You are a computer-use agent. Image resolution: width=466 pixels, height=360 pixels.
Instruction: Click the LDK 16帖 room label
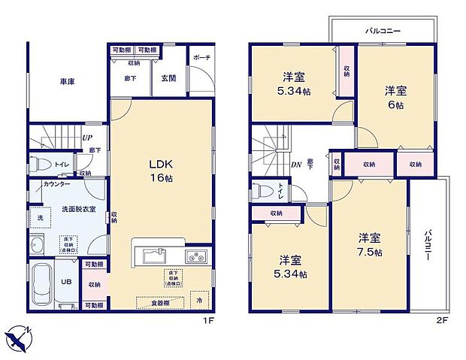(162, 171)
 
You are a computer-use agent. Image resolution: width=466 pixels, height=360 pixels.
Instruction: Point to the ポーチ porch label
(201, 57)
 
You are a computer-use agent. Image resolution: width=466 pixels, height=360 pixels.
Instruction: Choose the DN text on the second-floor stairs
(297, 166)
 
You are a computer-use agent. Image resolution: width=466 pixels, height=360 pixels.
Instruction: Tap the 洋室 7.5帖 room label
(369, 246)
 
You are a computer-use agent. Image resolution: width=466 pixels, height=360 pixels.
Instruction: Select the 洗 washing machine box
(41, 217)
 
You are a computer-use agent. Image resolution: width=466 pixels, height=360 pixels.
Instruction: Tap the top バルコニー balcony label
(383, 32)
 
